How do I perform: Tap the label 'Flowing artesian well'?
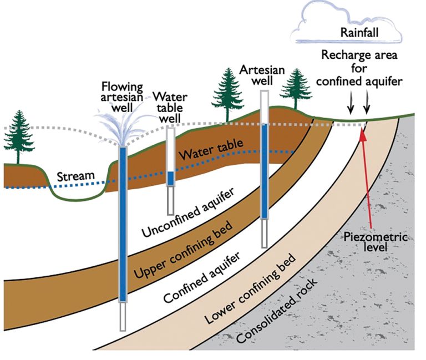123,96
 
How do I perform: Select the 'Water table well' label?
171,105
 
